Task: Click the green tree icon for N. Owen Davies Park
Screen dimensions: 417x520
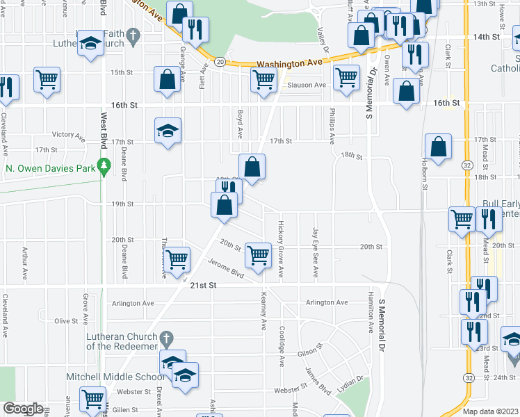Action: [x=104, y=166]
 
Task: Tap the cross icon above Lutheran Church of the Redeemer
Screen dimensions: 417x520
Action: [x=165, y=338]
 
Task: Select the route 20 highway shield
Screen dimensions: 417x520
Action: [x=219, y=62]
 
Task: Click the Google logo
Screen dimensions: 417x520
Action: [x=23, y=409]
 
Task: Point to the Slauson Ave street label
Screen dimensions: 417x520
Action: [x=307, y=85]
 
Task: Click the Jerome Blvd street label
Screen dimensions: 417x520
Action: [x=227, y=270]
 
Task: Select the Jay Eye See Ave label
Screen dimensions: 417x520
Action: [x=316, y=254]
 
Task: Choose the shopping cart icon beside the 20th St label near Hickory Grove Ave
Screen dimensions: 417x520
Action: [x=258, y=254]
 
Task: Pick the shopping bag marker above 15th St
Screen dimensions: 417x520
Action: [x=168, y=80]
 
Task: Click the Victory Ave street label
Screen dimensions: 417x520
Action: [x=67, y=134]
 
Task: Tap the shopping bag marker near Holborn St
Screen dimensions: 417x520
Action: [x=439, y=147]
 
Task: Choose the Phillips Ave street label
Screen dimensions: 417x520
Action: [x=333, y=126]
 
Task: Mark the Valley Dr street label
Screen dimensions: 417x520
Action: [x=322, y=39]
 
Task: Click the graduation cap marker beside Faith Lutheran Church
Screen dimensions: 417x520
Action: [x=90, y=44]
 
